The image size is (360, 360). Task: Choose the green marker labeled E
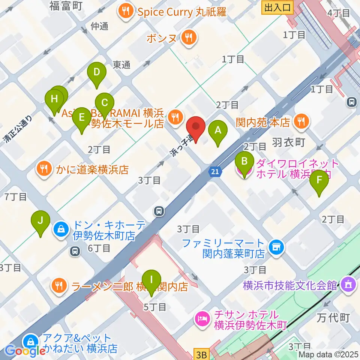tap(81, 118)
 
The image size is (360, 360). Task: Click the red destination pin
tap(196, 127)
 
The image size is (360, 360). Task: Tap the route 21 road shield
tap(214, 171)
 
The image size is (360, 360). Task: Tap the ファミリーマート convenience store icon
tap(277, 247)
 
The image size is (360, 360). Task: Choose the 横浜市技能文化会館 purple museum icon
tap(348, 284)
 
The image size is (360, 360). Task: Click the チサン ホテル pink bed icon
tap(202, 319)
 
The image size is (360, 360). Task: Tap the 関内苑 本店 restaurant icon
tap(301, 121)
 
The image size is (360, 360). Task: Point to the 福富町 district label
tap(66, 6)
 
